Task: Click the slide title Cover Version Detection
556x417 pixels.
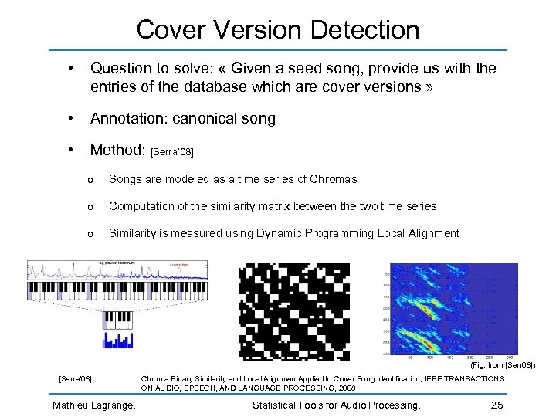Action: (x=278, y=30)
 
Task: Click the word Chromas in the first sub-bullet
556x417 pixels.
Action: (x=333, y=179)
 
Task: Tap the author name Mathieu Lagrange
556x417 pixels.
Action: (x=93, y=405)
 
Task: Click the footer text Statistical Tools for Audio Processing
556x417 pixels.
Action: (x=336, y=405)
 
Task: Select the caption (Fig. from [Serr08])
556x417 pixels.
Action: (x=502, y=364)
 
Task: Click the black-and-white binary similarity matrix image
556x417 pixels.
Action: (x=295, y=310)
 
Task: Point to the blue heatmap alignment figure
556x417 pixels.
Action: (x=454, y=309)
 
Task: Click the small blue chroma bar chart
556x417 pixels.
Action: (x=118, y=339)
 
